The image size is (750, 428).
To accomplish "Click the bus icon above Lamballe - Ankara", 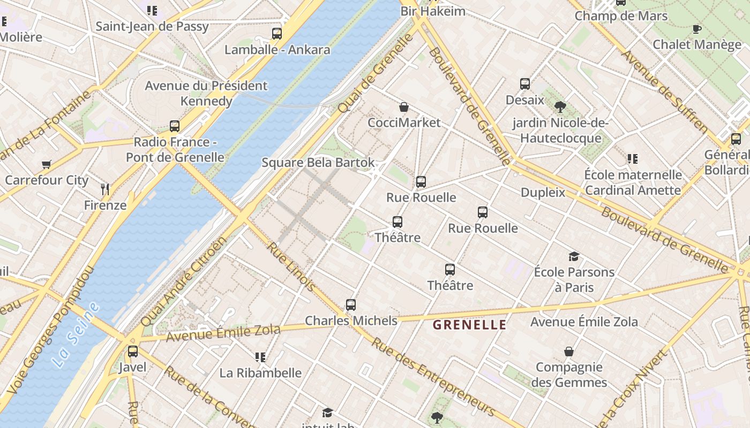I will pyautogui.click(x=276, y=34).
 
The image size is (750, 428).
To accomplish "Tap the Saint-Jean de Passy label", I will pyautogui.click(x=152, y=26).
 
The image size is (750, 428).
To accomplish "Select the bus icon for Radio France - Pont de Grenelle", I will pyautogui.click(x=175, y=126).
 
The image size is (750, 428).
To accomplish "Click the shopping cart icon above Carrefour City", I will pyautogui.click(x=47, y=164).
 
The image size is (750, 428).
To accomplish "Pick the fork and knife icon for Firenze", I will pyautogui.click(x=105, y=189).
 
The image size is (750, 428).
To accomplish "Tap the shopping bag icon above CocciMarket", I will pyautogui.click(x=404, y=107).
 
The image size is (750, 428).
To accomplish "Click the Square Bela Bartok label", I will pyautogui.click(x=318, y=163).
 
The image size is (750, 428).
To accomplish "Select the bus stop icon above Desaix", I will pyautogui.click(x=524, y=84).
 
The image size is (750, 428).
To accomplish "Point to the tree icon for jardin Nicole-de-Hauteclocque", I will pyautogui.click(x=560, y=107).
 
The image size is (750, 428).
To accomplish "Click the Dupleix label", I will pyautogui.click(x=543, y=193).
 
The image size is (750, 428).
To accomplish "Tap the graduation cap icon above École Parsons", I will pyautogui.click(x=574, y=256).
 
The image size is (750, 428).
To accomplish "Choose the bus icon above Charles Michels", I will pyautogui.click(x=351, y=305).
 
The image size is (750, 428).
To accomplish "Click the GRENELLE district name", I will pyautogui.click(x=469, y=325).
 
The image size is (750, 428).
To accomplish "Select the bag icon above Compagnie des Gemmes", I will pyautogui.click(x=569, y=351).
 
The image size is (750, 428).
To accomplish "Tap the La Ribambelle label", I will pyautogui.click(x=260, y=373).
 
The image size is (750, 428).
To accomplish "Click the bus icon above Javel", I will pyautogui.click(x=132, y=351).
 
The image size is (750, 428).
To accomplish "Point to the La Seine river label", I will pyautogui.click(x=76, y=335).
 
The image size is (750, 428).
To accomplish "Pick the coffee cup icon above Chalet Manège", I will pyautogui.click(x=696, y=29).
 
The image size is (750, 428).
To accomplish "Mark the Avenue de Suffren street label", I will pyautogui.click(x=664, y=91).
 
